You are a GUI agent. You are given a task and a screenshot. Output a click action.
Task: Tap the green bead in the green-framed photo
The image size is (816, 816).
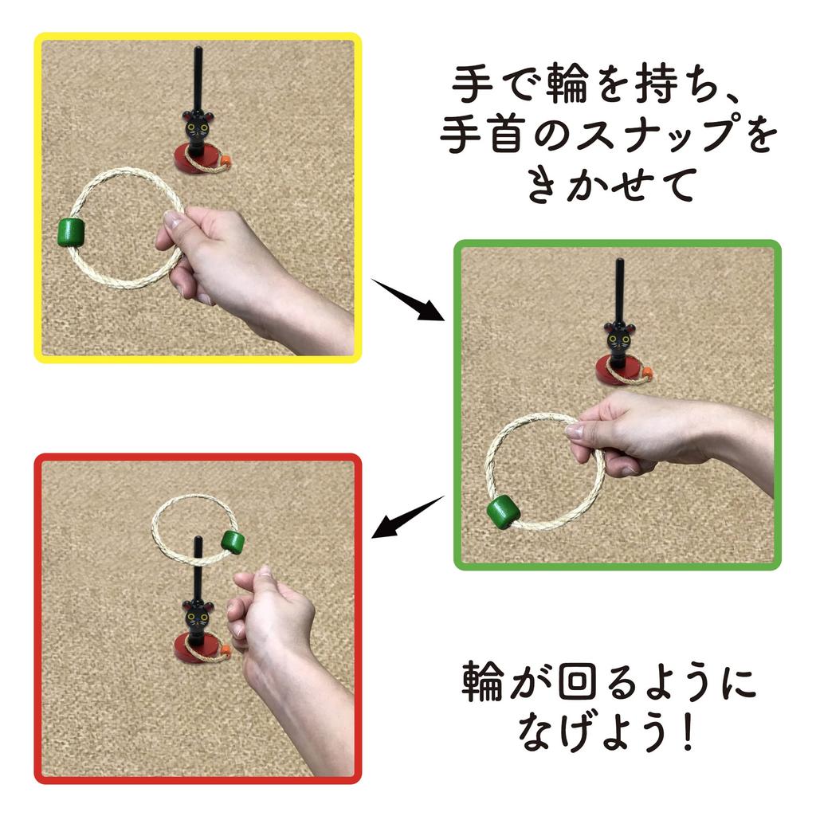coord(503,512)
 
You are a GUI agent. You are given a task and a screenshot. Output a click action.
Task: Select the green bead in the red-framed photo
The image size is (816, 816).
coord(233,542)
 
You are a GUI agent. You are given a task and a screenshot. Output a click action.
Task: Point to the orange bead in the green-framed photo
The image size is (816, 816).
coord(648,372)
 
